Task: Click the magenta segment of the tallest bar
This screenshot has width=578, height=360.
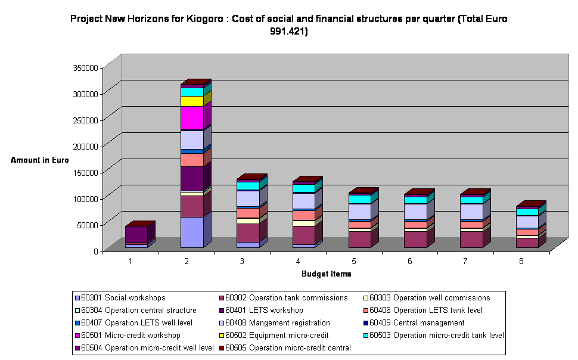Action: click(x=192, y=119)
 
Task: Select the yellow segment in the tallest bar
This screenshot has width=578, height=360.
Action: click(x=192, y=101)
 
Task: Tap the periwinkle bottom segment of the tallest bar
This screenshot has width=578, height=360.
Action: click(x=192, y=232)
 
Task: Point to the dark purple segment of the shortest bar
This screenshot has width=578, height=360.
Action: click(x=136, y=234)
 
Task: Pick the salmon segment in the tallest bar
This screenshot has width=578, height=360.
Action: click(x=192, y=160)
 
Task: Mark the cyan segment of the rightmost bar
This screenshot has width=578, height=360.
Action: click(x=527, y=212)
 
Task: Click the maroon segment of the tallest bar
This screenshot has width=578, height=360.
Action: click(x=192, y=206)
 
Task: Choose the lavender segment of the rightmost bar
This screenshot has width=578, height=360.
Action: click(x=527, y=222)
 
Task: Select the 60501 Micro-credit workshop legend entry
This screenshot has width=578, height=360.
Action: click(x=131, y=335)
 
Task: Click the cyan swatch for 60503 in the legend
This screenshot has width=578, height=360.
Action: click(x=365, y=335)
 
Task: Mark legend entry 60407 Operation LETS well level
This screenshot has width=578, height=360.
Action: click(x=134, y=322)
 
